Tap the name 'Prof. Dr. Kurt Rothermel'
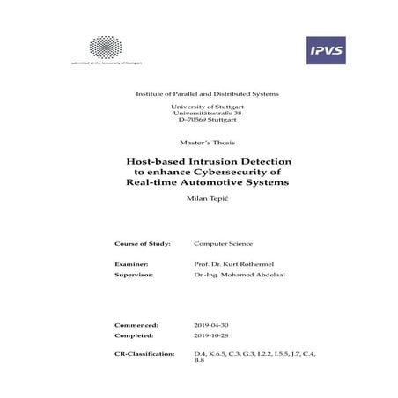point(231,263)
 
